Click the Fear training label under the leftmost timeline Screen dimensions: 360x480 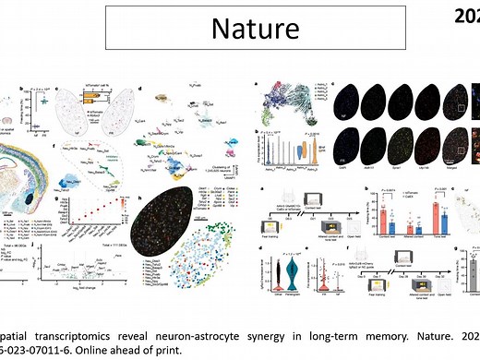270,230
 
